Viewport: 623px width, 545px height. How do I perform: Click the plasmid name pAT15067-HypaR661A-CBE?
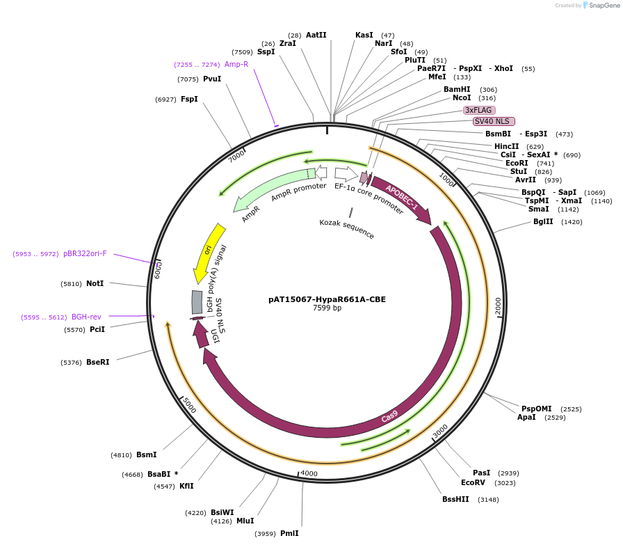327,300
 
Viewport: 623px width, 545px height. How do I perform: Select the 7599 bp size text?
327,308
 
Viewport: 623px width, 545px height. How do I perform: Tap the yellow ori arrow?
207,252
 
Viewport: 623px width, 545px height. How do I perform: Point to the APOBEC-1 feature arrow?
401,198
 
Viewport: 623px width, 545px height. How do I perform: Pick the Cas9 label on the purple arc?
390,416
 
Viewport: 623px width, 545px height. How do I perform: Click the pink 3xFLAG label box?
479,110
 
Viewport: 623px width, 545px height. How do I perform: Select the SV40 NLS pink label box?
494,121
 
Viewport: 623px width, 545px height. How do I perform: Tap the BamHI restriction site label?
457,89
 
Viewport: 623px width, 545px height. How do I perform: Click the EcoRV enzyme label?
473,482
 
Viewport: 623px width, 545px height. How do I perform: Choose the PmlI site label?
289,533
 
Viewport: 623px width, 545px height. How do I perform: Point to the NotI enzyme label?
95,283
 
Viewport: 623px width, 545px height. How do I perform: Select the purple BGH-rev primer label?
86,317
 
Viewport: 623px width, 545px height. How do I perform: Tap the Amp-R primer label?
236,64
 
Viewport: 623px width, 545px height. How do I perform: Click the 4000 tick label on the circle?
309,473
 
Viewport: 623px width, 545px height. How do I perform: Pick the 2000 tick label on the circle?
498,305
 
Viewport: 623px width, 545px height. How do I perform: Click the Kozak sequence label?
347,229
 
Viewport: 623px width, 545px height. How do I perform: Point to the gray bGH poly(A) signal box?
197,302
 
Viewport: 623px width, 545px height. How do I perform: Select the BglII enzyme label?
548,221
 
